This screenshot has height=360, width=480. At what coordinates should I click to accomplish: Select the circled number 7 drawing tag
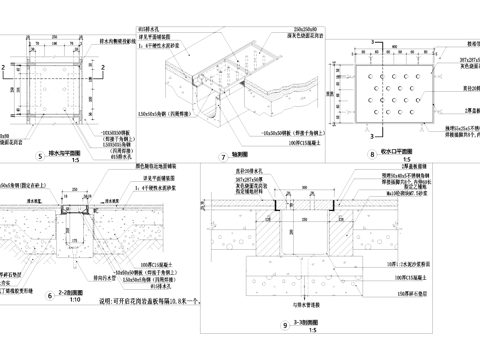[222, 156]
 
